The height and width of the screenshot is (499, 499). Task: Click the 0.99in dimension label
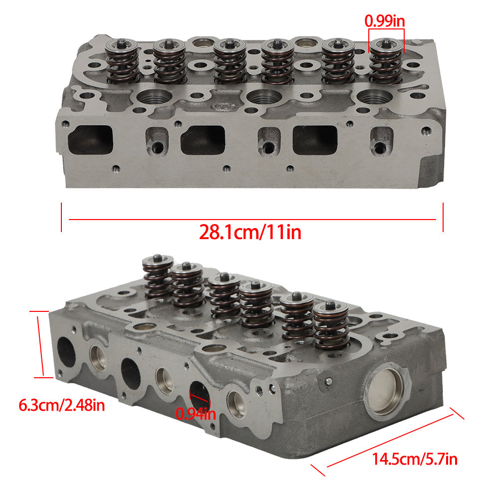(384, 21)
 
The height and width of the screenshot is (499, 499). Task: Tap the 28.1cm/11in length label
(250, 233)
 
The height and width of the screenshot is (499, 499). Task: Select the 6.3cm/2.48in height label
(62, 405)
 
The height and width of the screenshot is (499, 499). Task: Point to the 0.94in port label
(196, 414)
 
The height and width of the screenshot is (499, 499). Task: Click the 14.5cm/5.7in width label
(415, 459)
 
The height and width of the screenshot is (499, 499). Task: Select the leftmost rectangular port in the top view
(90, 140)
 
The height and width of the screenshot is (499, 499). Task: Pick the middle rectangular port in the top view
(203, 140)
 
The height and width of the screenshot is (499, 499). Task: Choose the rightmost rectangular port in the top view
(315, 140)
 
